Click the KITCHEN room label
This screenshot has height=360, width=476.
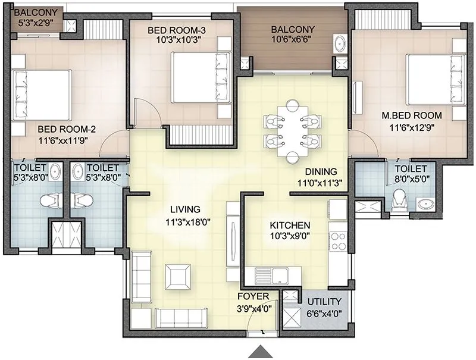tap(290, 226)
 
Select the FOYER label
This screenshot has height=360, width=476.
tap(253, 296)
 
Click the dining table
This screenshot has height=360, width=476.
tap(292, 131)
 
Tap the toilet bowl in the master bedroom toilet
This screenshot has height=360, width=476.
tap(400, 201)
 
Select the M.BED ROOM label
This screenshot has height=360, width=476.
tap(412, 115)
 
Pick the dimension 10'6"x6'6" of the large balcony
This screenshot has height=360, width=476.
tap(293, 41)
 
